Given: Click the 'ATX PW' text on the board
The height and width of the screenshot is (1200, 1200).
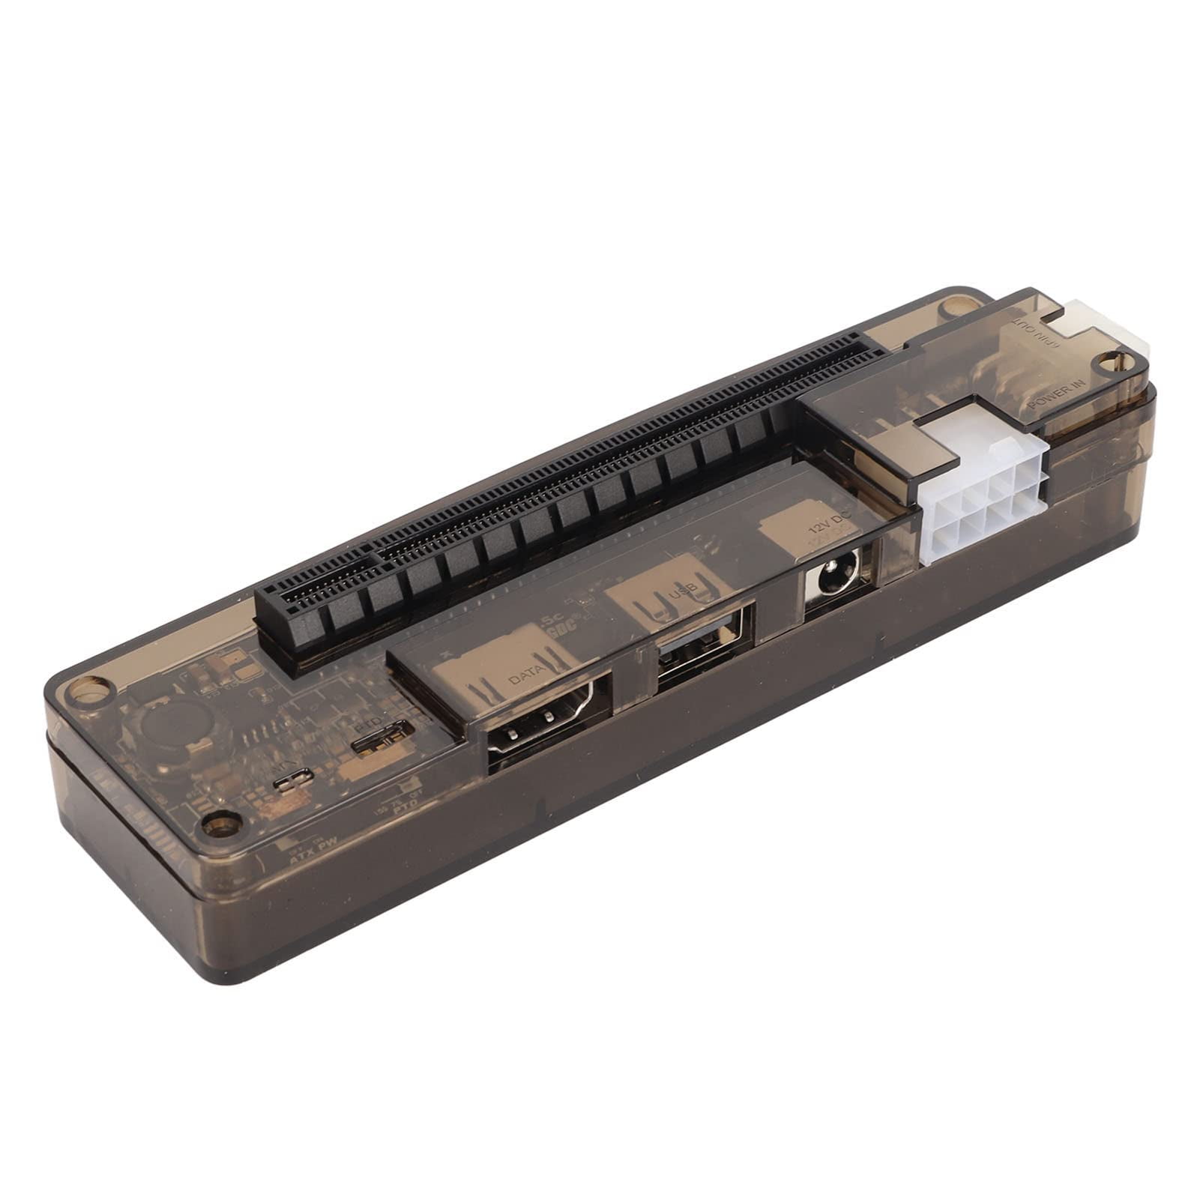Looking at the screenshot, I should pyautogui.click(x=310, y=860).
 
